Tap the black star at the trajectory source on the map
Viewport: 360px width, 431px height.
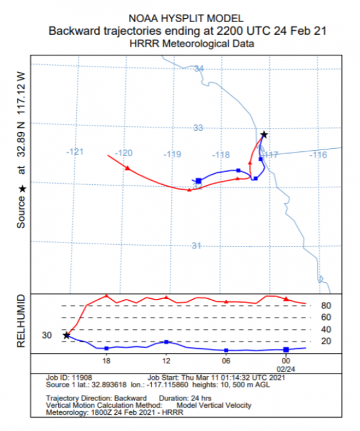263,134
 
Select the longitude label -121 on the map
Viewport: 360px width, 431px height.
75,152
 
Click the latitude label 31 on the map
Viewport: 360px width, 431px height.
196,246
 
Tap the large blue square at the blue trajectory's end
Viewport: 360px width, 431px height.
199,181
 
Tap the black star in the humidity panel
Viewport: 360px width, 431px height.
67,335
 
